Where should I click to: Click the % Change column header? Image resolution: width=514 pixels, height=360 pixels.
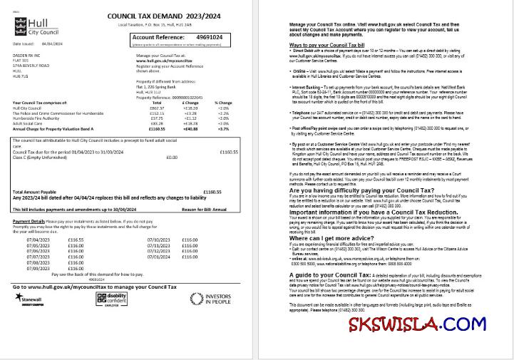pyautogui.click(x=223, y=103)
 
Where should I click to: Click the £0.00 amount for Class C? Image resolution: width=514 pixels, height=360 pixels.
pyautogui.click(x=172, y=157)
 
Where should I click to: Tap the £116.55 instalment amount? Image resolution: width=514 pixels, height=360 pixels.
pyautogui.click(x=76, y=240)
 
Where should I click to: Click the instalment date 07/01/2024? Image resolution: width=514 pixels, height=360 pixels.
pyautogui.click(x=158, y=257)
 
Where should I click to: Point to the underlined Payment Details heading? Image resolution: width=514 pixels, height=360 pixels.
pyautogui.click(x=29, y=222)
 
